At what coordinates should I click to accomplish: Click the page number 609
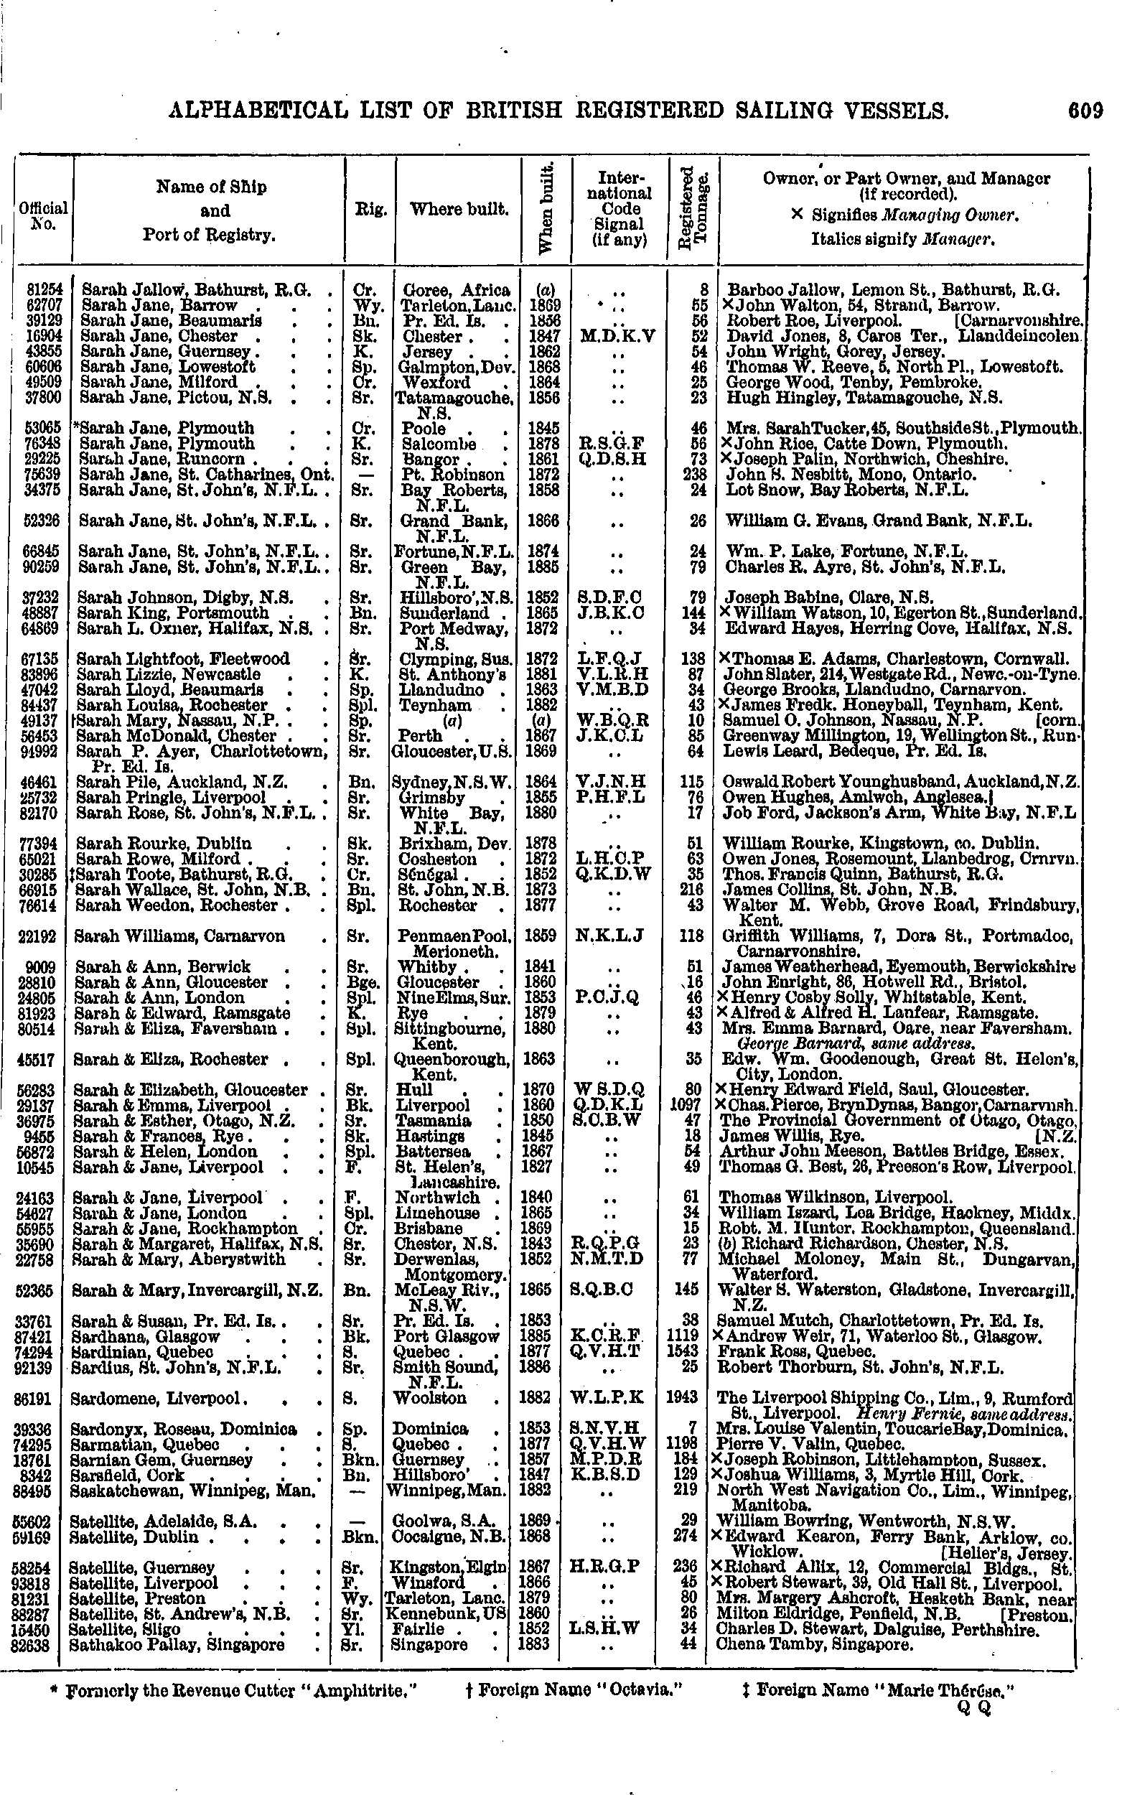[1085, 111]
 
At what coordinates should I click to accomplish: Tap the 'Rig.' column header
[370, 210]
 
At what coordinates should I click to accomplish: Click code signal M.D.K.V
[619, 336]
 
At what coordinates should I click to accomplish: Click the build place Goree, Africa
[456, 290]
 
